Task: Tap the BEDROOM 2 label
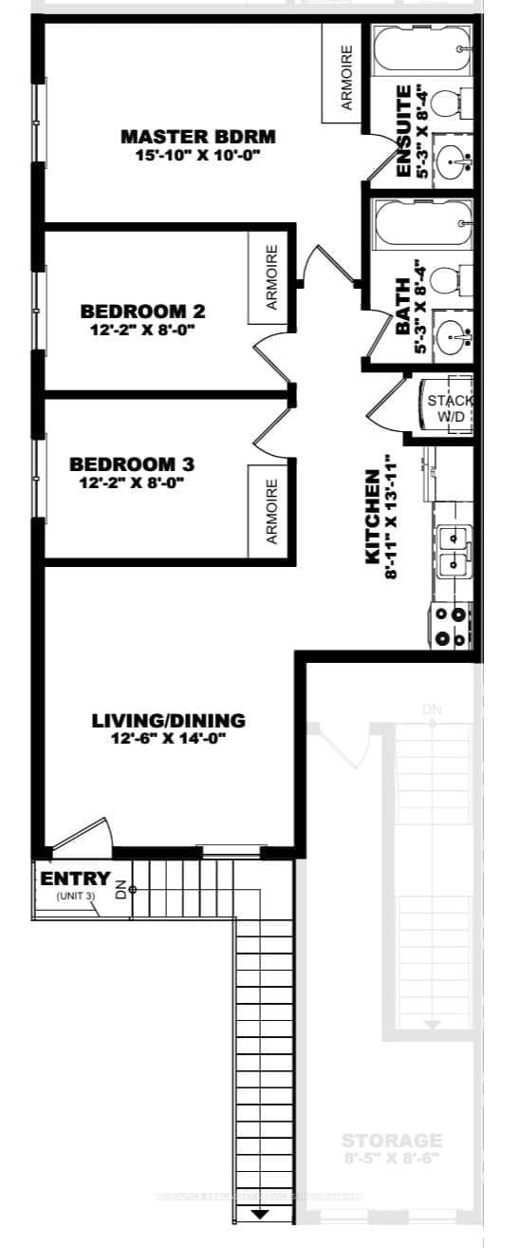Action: [x=143, y=311]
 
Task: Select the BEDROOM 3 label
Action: [x=132, y=464]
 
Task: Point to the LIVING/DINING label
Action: [x=168, y=720]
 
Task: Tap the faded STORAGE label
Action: [x=392, y=1140]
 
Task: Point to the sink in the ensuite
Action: [x=453, y=162]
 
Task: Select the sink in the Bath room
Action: [x=453, y=334]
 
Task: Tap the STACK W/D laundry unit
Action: [x=447, y=407]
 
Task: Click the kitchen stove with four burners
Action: [x=452, y=628]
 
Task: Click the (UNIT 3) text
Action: [x=75, y=896]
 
